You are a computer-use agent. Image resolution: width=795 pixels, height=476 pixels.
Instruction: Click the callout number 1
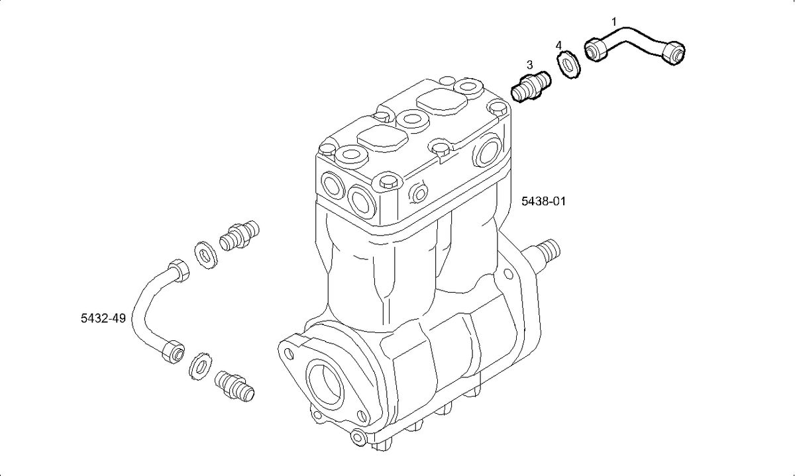[614, 22]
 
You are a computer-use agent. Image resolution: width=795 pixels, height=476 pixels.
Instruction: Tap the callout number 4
[558, 46]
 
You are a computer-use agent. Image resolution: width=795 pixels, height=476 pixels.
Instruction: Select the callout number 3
[529, 65]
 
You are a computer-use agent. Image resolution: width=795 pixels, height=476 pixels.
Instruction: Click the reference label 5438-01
[543, 201]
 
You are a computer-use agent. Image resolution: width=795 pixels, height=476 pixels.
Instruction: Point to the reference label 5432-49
[103, 318]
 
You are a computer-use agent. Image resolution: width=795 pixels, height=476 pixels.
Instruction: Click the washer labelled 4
[568, 65]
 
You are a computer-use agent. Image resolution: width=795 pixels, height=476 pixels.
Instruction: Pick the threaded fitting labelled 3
[531, 87]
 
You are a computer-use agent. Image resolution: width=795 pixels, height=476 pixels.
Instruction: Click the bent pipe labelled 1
[635, 46]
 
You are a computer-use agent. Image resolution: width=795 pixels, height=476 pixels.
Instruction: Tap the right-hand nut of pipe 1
[674, 54]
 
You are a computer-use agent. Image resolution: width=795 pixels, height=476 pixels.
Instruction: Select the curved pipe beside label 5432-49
[158, 310]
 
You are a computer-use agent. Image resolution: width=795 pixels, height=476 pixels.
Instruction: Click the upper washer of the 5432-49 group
[206, 255]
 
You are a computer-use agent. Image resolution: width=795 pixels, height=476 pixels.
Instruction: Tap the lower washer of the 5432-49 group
[201, 366]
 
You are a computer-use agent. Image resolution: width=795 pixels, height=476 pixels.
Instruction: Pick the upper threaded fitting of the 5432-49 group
[239, 236]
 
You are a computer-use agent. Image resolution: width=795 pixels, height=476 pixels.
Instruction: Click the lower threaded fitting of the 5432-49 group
[235, 386]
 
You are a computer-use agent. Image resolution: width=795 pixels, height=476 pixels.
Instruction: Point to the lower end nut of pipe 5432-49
[173, 352]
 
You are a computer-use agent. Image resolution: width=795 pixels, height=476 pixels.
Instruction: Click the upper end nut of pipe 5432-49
[178, 270]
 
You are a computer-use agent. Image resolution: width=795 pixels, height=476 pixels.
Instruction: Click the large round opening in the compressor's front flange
[326, 381]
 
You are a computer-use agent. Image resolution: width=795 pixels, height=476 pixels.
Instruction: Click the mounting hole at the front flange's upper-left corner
[290, 354]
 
